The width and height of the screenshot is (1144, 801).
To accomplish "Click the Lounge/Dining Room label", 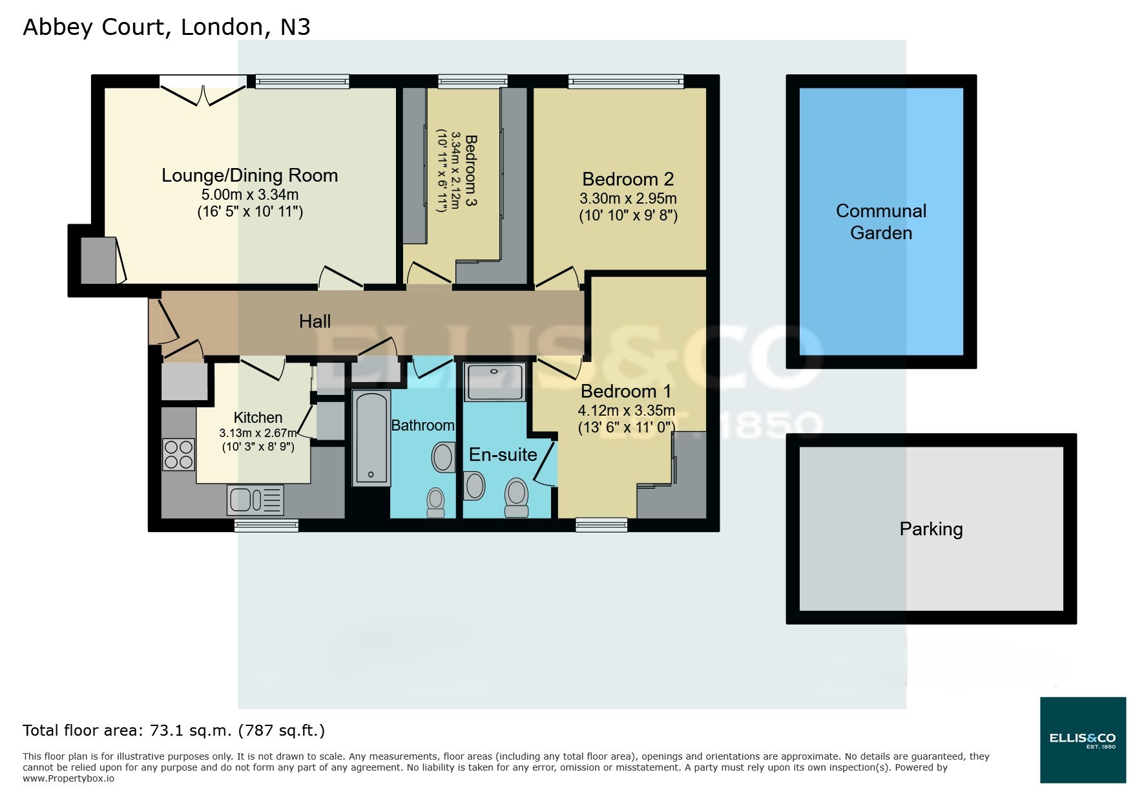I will [x=249, y=175].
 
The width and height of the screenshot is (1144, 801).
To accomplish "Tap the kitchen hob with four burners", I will [x=178, y=454].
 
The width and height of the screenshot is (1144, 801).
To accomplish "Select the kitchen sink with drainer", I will [x=255, y=499].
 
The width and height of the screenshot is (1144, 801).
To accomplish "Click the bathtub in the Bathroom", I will [x=371, y=438].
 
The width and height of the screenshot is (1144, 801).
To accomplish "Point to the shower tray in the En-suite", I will [x=494, y=382].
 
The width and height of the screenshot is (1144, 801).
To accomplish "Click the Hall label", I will [x=315, y=321].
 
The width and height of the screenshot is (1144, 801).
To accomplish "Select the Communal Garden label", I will [x=880, y=222].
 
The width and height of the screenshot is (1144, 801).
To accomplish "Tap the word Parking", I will [x=931, y=529].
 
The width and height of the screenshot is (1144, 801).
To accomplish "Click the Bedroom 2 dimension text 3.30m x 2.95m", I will [x=628, y=198].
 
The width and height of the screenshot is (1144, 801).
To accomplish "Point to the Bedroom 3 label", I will [x=471, y=170].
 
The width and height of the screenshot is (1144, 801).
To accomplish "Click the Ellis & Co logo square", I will [x=1083, y=740].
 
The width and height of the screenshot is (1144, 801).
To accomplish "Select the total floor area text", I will [x=174, y=731].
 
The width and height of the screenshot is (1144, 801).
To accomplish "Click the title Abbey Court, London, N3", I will [x=166, y=27].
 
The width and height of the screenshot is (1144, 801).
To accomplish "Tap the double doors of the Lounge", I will [x=203, y=90].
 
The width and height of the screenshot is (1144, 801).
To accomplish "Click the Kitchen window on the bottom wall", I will [x=266, y=526].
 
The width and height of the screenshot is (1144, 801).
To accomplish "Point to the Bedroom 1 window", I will [x=601, y=525].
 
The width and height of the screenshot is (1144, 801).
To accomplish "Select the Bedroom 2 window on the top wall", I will [x=625, y=81].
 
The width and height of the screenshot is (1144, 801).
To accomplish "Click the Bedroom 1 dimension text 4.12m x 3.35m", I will [x=626, y=410].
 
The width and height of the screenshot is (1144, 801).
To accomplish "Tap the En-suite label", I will [x=503, y=454].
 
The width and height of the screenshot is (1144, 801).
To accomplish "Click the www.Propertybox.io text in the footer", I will [x=68, y=778].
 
